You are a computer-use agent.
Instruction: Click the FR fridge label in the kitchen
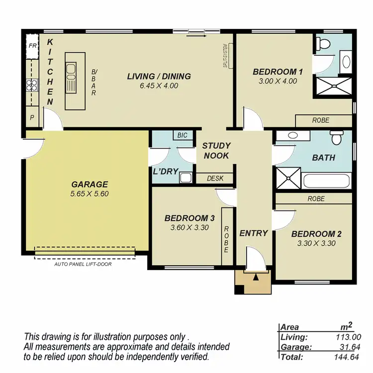pyautogui.click(x=32, y=45)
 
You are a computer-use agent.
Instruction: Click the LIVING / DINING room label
pyautogui.click(x=159, y=77)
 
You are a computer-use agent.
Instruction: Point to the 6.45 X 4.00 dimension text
pyautogui.click(x=159, y=86)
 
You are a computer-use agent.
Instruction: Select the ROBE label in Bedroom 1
pyautogui.click(x=321, y=120)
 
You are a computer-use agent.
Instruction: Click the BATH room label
pyautogui.click(x=323, y=158)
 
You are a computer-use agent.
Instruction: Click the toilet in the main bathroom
pyautogui.click(x=338, y=136)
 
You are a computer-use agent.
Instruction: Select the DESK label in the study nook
pyautogui.click(x=215, y=179)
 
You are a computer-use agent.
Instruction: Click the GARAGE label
pyautogui.click(x=89, y=184)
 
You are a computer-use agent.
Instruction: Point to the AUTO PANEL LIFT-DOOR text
pyautogui.click(x=83, y=264)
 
